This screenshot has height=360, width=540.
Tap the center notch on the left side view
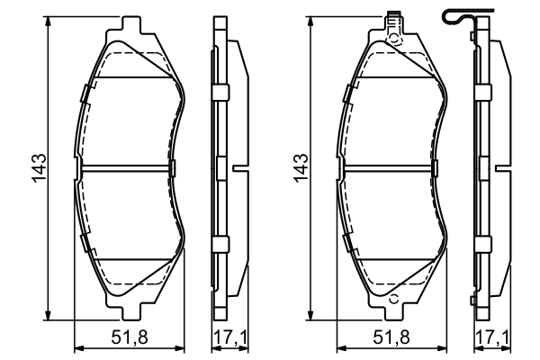pyautogui.click(x=239, y=167)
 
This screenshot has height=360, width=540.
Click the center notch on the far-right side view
pyautogui.click(x=502, y=167)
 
